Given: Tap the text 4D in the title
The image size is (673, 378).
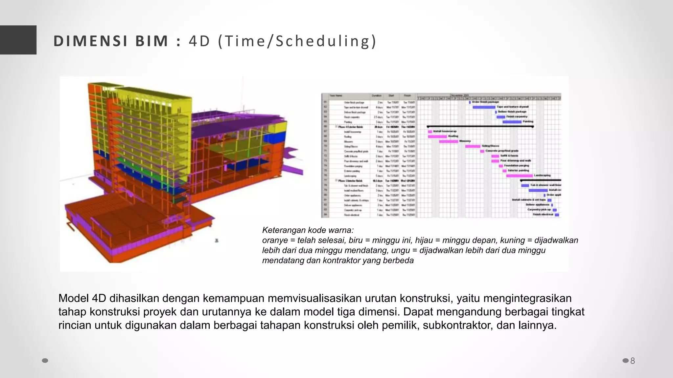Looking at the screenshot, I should point(199,41).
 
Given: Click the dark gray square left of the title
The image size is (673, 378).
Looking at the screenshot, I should point(18,40).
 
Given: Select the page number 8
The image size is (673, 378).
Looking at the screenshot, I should point(633,361).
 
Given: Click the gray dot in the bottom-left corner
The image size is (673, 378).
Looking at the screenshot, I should point(45,361).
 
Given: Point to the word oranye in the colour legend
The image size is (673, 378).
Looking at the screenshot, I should point(275,241).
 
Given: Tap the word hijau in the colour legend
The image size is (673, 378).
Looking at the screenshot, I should point(425,241).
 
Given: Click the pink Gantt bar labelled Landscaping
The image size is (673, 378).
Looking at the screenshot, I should point(519,176).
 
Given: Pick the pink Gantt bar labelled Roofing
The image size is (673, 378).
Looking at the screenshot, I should point(437,136).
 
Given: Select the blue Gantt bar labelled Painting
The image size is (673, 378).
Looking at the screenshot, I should point(512,122).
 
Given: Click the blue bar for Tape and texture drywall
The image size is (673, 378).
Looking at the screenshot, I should point(484,107).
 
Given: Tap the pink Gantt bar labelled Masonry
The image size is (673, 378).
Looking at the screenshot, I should point(448,141).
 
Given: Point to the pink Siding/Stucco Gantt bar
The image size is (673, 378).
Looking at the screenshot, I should point(473,146).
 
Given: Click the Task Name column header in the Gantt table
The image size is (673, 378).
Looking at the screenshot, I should point(336,96).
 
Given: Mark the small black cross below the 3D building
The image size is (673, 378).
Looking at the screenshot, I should point(217,241).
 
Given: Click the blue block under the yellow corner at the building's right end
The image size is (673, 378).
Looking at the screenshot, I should point(277,138).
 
